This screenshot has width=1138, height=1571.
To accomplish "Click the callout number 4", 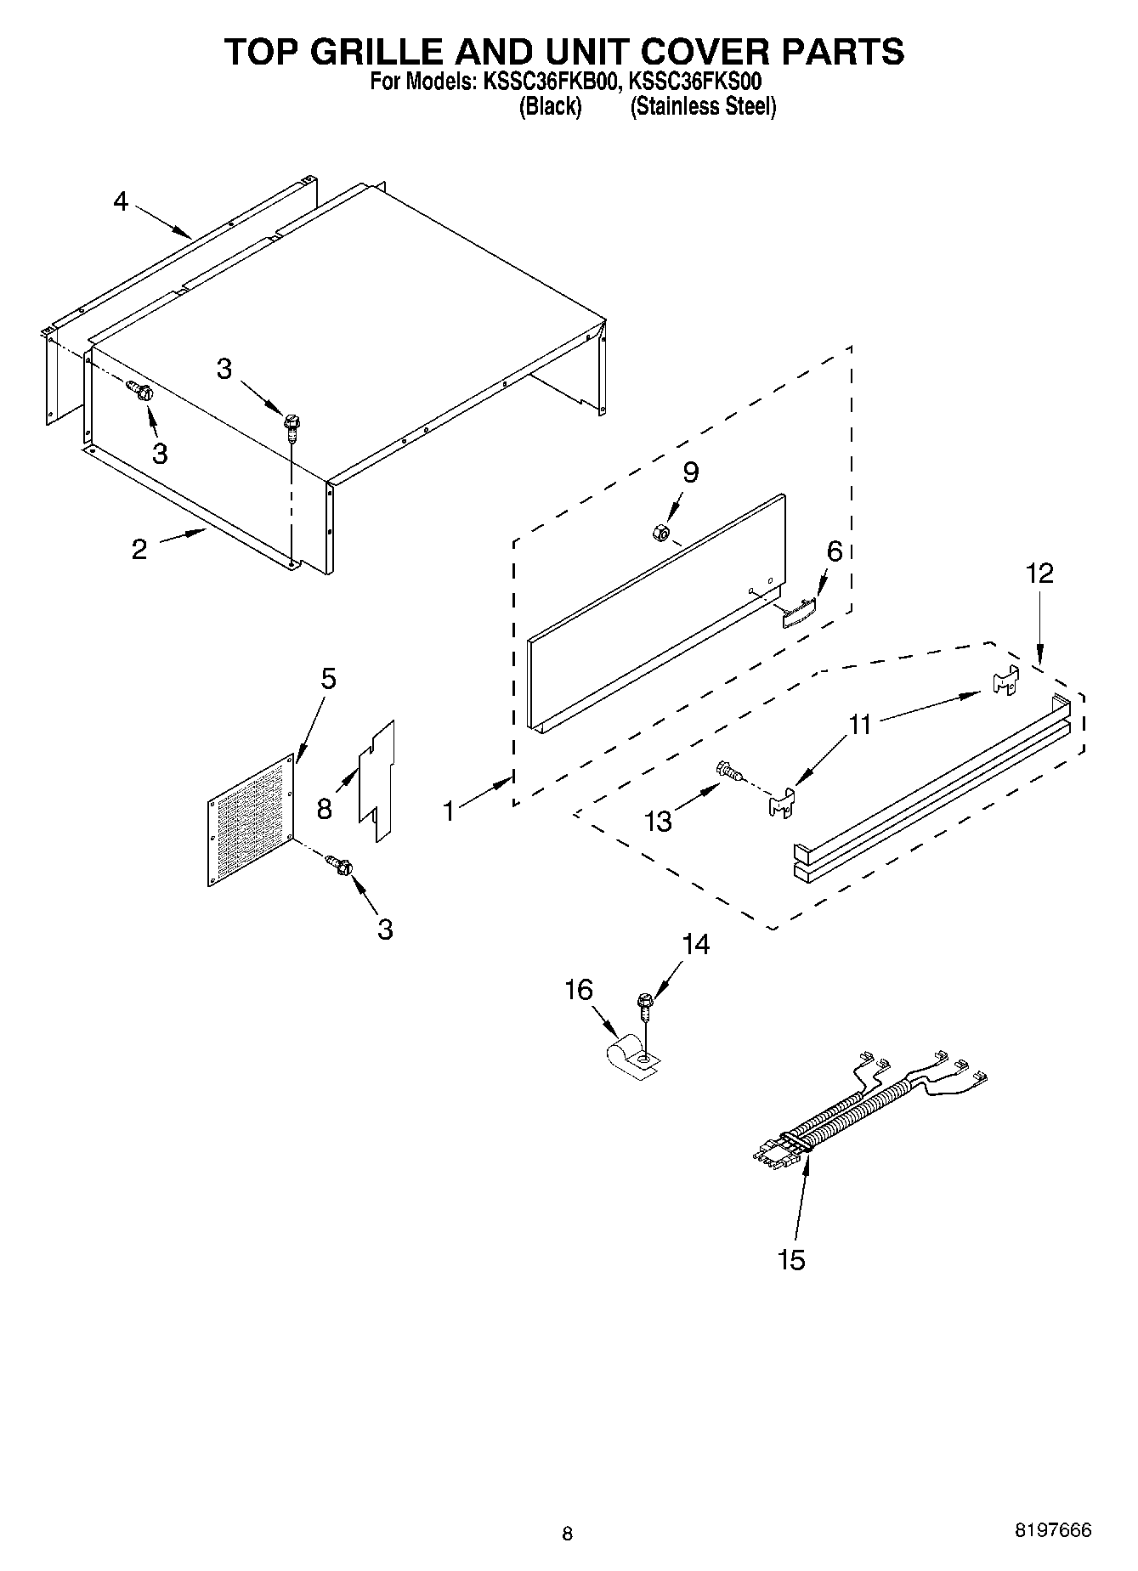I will pyautogui.click(x=121, y=202).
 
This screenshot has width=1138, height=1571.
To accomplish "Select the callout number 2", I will pyautogui.click(x=139, y=549).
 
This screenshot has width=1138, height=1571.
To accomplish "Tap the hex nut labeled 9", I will pyautogui.click(x=659, y=532).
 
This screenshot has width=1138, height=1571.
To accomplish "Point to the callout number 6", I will pyautogui.click(x=835, y=551).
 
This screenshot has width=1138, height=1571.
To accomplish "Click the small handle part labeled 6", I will pyautogui.click(x=798, y=611).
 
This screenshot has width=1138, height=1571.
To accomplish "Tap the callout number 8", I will pyautogui.click(x=324, y=808).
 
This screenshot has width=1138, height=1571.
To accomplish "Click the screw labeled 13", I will pyautogui.click(x=729, y=771).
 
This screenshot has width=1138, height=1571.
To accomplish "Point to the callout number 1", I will pyautogui.click(x=449, y=811).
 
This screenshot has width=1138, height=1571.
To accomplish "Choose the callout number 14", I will pyautogui.click(x=695, y=944).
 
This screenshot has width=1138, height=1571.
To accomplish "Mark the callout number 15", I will pyautogui.click(x=791, y=1259).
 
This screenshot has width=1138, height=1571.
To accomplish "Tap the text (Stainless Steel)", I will pyautogui.click(x=703, y=107).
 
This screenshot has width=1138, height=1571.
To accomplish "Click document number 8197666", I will pyautogui.click(x=1053, y=1530).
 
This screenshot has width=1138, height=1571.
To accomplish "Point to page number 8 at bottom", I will pyautogui.click(x=567, y=1534).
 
